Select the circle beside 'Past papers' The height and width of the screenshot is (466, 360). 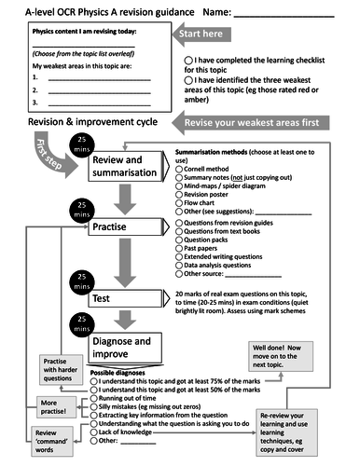(179, 251)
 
